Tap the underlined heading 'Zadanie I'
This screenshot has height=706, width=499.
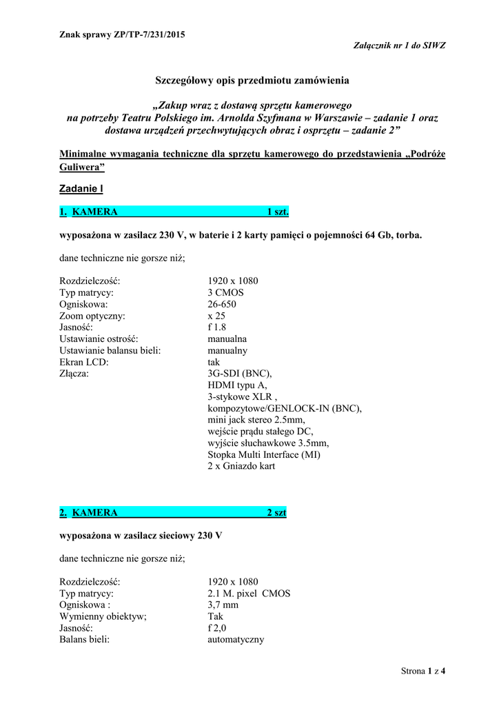tap(81, 188)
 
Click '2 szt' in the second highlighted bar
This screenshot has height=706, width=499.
tap(276, 512)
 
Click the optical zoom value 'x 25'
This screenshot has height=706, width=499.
tap(216, 316)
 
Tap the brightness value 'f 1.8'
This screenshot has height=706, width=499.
tap(217, 327)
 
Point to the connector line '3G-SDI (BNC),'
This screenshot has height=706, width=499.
tap(235, 374)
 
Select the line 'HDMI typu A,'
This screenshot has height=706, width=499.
tap(237, 386)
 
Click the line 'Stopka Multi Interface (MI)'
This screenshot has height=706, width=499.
tap(264, 455)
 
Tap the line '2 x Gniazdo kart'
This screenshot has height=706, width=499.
tap(241, 467)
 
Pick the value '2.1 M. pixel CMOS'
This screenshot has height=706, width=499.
tap(249, 593)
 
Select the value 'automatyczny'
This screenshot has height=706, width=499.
tap(236, 639)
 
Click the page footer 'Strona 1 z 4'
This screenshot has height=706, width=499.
tap(423, 671)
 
